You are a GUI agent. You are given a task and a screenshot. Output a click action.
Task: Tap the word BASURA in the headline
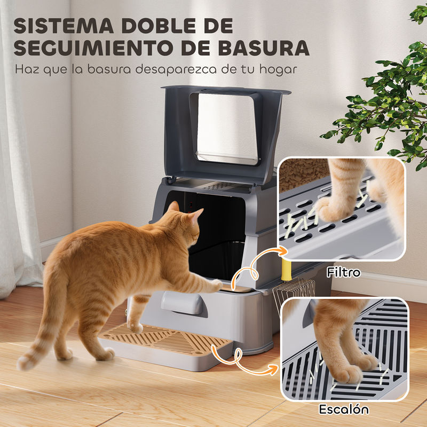[264, 48]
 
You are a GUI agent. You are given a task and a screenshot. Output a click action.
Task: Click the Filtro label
[343, 272]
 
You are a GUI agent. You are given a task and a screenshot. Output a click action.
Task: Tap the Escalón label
[344, 409]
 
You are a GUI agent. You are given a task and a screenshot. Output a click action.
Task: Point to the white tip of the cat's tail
[24, 363]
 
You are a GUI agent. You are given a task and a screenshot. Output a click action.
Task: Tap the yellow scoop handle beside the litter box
[286, 270]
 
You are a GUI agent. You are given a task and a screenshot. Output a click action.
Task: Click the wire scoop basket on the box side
[294, 293]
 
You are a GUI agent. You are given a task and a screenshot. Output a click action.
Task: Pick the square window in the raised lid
[226, 128]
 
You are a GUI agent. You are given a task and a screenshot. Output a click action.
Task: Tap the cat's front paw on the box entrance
[217, 285]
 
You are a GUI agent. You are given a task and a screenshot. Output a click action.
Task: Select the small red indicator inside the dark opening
[191, 204]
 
